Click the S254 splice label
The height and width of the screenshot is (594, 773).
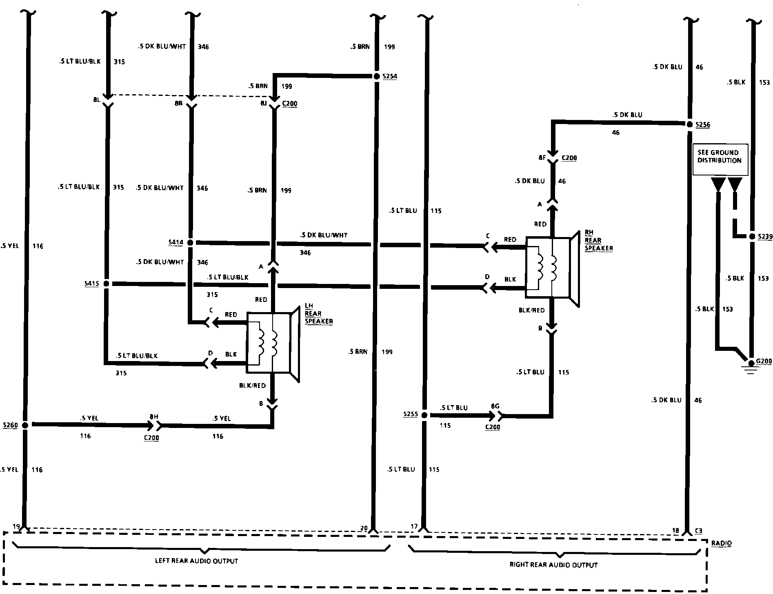389,76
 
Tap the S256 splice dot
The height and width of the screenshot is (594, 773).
689,124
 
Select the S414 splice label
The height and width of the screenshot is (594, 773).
175,242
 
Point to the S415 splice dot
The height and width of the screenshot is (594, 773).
106,284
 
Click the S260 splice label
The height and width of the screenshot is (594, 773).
10,425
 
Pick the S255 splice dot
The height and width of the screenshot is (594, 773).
424,415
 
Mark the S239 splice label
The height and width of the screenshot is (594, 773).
765,237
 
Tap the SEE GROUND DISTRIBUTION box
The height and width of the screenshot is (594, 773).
720,159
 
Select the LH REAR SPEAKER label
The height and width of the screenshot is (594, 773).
318,314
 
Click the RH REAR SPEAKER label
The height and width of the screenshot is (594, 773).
598,240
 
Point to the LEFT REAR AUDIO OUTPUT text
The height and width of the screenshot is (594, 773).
196,561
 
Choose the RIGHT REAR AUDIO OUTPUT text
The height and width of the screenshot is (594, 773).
553,565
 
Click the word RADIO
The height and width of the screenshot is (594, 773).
721,543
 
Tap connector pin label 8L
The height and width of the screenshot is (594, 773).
96,100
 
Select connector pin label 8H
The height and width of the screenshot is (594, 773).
154,417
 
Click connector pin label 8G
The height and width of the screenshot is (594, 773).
495,406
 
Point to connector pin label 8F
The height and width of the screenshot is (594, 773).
542,157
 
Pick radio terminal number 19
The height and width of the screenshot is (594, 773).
16,527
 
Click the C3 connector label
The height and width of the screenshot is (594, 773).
698,531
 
